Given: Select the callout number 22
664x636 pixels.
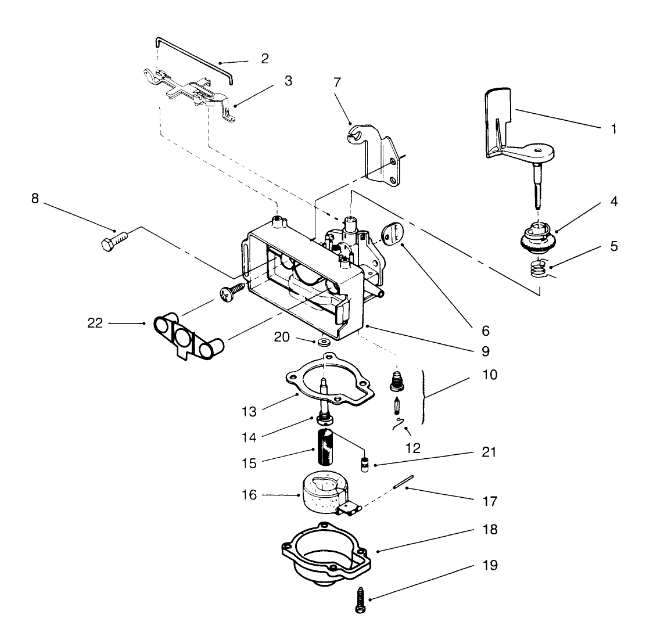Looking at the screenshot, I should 95,323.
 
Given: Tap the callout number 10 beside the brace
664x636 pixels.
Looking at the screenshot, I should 490,375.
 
